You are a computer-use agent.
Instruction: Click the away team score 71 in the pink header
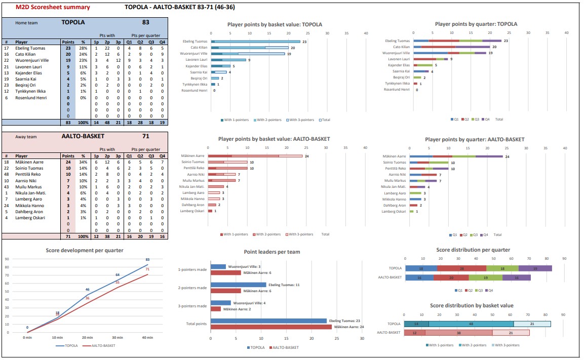(x=145, y=136)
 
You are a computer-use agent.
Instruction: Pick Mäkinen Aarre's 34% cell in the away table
(x=83, y=162)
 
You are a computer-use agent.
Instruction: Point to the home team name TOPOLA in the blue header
(x=73, y=22)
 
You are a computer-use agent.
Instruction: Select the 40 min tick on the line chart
(x=148, y=337)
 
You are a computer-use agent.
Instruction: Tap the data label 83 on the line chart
(x=147, y=260)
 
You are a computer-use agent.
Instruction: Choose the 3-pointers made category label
(x=192, y=306)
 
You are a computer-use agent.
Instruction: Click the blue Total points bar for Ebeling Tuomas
(x=268, y=321)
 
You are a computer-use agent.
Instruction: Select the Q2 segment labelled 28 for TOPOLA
(x=461, y=268)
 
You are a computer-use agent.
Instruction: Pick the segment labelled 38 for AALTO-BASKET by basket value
(x=458, y=333)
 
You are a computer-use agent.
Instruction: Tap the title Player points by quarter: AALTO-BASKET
(x=475, y=139)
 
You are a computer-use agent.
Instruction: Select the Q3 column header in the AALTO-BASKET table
(x=151, y=156)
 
